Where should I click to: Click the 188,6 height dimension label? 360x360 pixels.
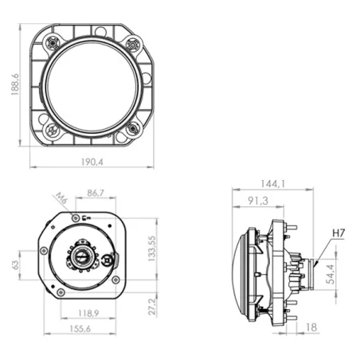pos(10,85)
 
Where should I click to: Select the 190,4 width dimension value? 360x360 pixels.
pos(92,162)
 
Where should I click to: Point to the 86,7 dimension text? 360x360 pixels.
pos(95,194)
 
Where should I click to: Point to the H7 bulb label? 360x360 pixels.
pos(339,233)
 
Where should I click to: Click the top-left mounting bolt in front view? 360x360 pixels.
pos(50,42)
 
